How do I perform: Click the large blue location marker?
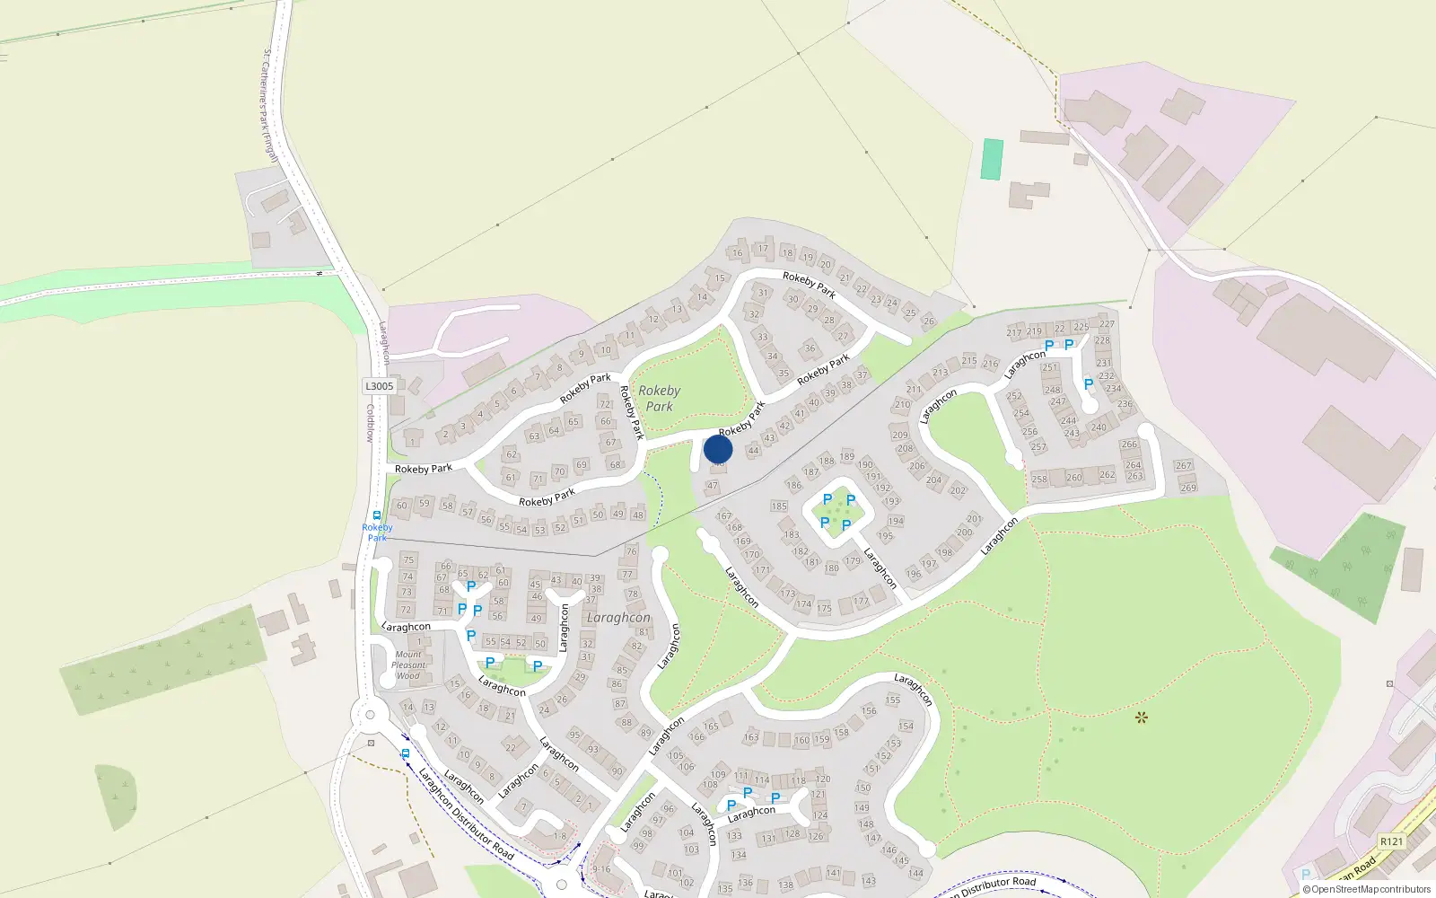click(x=718, y=449)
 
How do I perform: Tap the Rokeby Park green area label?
click(x=659, y=399)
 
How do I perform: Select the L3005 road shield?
click(x=379, y=386)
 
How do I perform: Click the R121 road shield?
click(x=1391, y=841)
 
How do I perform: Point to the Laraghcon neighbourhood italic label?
click(x=617, y=618)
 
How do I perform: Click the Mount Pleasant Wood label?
click(x=408, y=665)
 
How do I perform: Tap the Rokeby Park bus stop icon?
click(x=377, y=516)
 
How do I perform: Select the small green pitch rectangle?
click(x=992, y=159)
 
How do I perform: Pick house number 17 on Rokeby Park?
click(x=763, y=249)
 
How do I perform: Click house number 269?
click(x=1188, y=489)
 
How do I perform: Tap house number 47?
click(x=713, y=486)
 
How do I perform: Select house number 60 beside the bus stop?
click(x=402, y=506)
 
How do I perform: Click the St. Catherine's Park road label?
click(x=269, y=106)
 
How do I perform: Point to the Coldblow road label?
click(x=370, y=423)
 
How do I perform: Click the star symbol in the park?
click(x=1141, y=718)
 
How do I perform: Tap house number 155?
click(x=892, y=700)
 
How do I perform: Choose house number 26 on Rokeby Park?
click(x=928, y=321)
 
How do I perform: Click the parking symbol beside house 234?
click(x=1089, y=384)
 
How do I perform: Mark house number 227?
click(x=1107, y=324)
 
